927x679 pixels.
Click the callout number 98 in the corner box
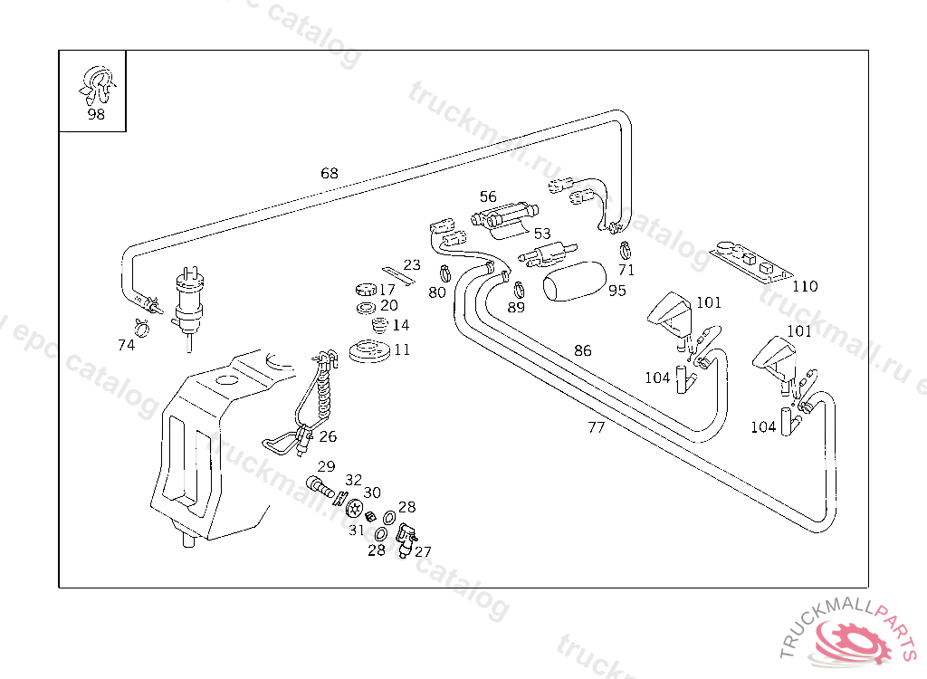(x=96, y=115)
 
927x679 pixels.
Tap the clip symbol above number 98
(x=96, y=83)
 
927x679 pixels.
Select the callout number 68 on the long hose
(x=329, y=173)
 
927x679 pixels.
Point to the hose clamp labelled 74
(x=141, y=323)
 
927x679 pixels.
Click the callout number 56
(x=488, y=196)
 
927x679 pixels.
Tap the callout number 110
(x=804, y=287)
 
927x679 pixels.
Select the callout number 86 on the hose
(x=582, y=350)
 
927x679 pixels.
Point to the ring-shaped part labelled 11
(x=369, y=351)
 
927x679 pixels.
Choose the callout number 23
(x=412, y=265)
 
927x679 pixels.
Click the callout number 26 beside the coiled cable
(x=328, y=436)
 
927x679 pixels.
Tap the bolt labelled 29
(x=320, y=486)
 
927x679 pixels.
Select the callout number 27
(x=423, y=551)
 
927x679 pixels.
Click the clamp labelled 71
(x=625, y=249)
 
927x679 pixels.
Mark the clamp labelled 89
(x=519, y=290)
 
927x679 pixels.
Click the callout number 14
(x=401, y=325)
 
